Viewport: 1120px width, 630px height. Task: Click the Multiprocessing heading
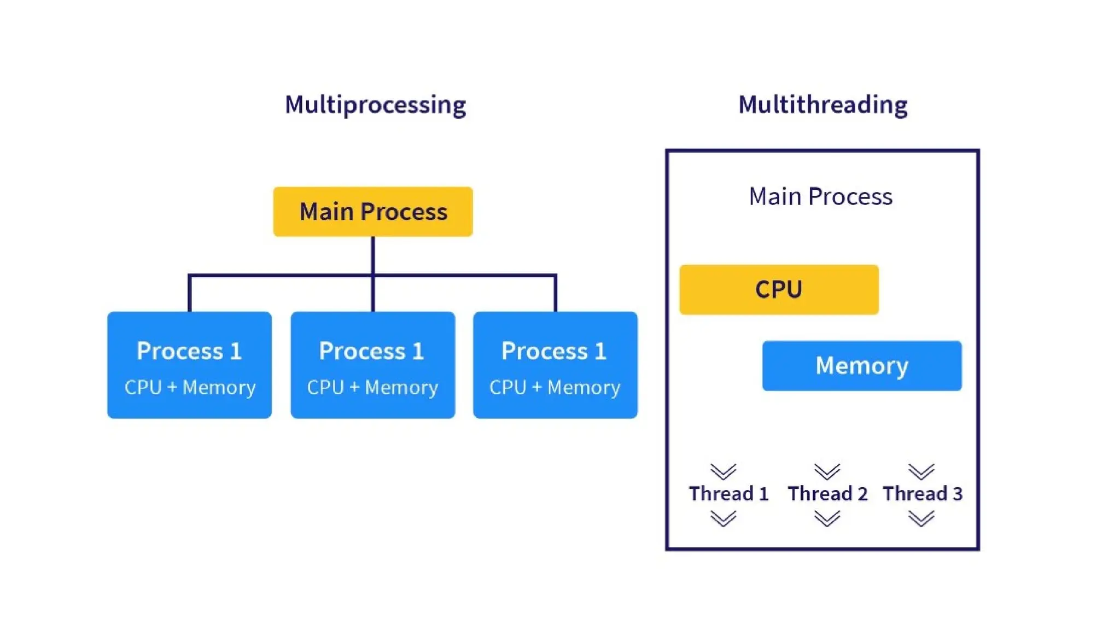point(375,105)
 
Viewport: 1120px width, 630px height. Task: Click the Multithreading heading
point(822,105)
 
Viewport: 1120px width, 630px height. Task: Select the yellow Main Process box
point(373,212)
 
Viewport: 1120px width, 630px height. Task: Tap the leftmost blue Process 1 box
point(189,365)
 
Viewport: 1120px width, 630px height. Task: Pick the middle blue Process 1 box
point(372,365)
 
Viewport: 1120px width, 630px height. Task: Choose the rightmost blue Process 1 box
point(555,365)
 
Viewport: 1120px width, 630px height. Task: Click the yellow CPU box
point(779,290)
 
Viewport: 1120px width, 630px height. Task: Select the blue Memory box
point(862,366)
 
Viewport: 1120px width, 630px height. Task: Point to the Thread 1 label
point(728,494)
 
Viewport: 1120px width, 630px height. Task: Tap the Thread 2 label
point(827,494)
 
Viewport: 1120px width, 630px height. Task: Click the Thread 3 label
point(923,494)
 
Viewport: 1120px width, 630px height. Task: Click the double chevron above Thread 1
point(724,471)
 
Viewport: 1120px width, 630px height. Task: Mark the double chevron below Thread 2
point(827,518)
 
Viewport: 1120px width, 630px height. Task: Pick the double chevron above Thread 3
point(921,471)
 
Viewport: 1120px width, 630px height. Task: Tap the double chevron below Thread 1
point(724,518)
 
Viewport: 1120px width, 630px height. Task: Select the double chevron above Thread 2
point(827,471)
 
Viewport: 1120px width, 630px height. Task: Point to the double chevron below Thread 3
point(921,518)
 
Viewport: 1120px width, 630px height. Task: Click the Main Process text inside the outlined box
point(820,196)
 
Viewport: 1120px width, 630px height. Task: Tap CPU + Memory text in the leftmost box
point(190,387)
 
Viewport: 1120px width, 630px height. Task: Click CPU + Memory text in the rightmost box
point(555,387)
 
